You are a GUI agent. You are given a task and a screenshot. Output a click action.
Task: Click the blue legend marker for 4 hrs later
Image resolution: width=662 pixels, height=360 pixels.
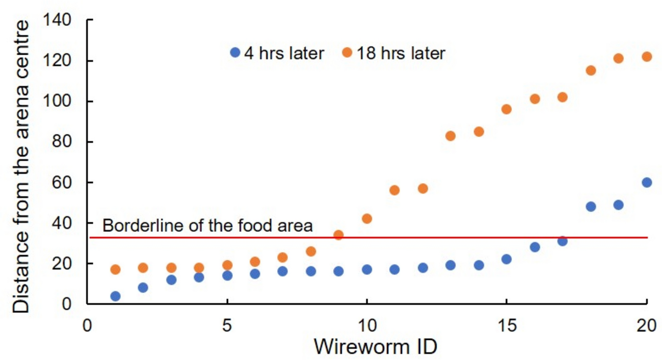coord(235,53)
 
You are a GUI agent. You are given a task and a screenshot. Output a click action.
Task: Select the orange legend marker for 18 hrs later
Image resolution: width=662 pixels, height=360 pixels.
coord(347,53)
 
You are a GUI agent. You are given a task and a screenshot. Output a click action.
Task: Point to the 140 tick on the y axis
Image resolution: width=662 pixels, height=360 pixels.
coord(57,20)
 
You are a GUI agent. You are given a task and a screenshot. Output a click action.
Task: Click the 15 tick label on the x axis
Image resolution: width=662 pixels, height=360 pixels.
coord(506,326)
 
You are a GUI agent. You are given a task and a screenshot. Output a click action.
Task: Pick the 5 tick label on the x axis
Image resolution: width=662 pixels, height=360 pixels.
coord(227,326)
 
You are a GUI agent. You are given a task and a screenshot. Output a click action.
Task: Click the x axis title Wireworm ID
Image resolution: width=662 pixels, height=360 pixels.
coord(375,346)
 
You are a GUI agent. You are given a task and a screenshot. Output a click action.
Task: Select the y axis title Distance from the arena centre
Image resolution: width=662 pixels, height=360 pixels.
coord(21,167)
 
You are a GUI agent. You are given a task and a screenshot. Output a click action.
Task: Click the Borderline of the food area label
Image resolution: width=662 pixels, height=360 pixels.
coord(208,226)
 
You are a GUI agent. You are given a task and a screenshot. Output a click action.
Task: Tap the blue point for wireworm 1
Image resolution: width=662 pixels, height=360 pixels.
coord(115,296)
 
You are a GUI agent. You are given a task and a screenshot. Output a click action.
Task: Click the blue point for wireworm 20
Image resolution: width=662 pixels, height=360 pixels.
coord(647,182)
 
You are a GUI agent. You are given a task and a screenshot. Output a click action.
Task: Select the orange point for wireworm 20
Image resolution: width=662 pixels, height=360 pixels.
coord(647,57)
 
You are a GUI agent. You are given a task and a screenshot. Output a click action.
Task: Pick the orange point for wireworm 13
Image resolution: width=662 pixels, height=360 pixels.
coord(450,136)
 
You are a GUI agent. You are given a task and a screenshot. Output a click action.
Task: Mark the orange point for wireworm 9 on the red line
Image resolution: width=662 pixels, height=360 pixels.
coord(338,235)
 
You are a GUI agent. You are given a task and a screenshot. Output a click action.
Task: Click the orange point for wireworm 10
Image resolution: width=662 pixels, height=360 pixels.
coord(367,219)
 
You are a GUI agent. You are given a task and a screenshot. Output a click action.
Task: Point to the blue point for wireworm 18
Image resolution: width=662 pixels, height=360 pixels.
coord(590,206)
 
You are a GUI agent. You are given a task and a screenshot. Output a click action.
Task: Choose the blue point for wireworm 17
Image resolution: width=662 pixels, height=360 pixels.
coord(562,241)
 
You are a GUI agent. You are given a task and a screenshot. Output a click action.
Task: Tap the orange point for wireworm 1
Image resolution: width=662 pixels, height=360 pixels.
coord(115,269)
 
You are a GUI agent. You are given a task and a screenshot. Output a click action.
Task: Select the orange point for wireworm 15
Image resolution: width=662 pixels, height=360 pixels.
coord(507,109)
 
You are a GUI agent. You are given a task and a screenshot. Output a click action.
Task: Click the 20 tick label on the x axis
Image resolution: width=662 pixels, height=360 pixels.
coord(647,326)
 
